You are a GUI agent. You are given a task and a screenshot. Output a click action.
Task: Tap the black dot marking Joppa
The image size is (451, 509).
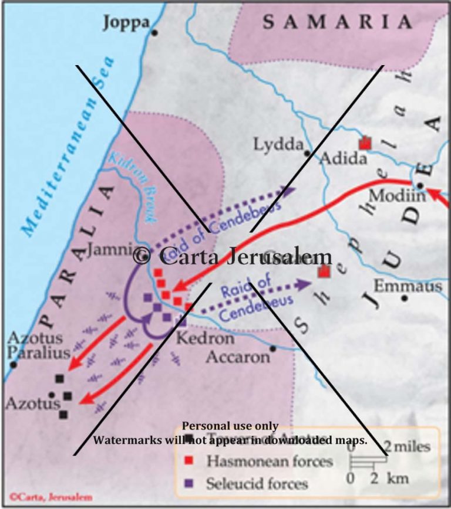[x=154, y=32]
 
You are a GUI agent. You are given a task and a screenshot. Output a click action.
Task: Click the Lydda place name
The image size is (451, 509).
[x=278, y=144]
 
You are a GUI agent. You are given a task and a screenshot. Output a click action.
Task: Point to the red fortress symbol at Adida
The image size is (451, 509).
[x=365, y=143]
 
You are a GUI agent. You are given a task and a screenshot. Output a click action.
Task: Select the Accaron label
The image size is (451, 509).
[x=237, y=357]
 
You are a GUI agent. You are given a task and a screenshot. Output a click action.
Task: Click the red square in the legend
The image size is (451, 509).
[x=189, y=462]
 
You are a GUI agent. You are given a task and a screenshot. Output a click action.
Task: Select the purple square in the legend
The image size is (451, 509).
[x=189, y=484]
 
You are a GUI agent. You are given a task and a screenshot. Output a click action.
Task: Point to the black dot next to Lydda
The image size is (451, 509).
[x=307, y=153]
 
